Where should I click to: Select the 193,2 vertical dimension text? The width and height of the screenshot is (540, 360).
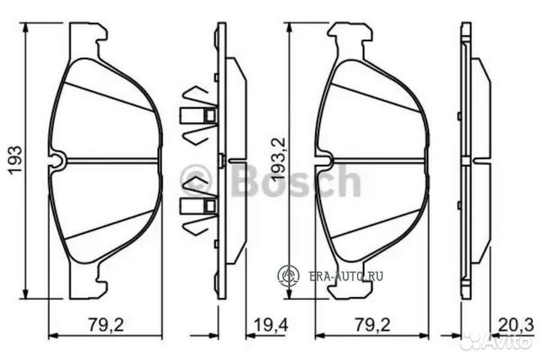(x=277, y=160)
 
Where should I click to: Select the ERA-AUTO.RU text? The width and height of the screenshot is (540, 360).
(x=346, y=276)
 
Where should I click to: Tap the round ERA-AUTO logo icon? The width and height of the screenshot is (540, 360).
(x=289, y=276)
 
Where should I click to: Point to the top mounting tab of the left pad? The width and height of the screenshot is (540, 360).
(x=88, y=34)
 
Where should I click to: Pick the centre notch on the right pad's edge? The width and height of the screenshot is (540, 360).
(x=323, y=160)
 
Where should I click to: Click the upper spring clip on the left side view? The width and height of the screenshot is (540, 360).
(x=198, y=115)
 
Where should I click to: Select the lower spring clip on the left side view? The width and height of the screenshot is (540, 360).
(x=198, y=204)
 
